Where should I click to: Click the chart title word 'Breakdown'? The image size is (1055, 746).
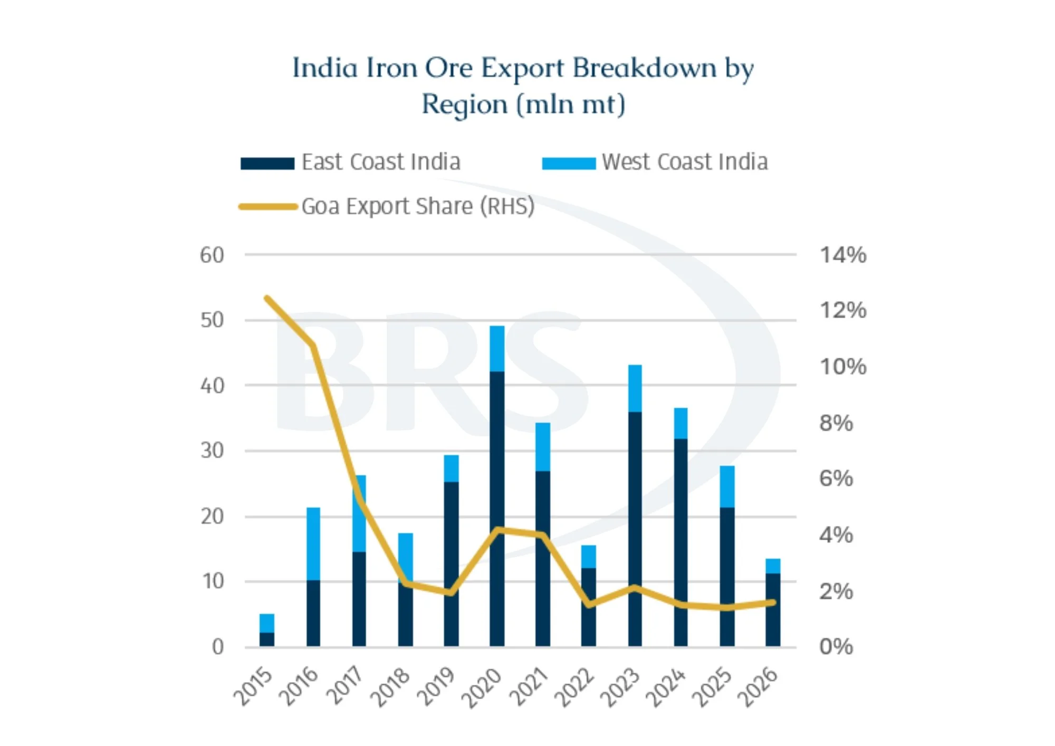pyautogui.click(x=645, y=68)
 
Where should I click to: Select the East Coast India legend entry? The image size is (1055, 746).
pyautogui.click(x=351, y=162)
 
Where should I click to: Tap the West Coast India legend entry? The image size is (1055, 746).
pyautogui.click(x=655, y=162)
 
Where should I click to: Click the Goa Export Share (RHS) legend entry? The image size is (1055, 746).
pyautogui.click(x=387, y=206)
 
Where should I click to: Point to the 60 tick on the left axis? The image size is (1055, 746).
pyautogui.click(x=212, y=255)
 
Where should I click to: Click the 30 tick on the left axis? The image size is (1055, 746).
pyautogui.click(x=212, y=451)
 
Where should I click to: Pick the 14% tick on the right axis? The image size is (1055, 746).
pyautogui.click(x=843, y=255)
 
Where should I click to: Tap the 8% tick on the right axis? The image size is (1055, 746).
pyautogui.click(x=836, y=423)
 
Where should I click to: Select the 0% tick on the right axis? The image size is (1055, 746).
pyautogui.click(x=836, y=647)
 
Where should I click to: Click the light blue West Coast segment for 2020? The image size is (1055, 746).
pyautogui.click(x=497, y=349)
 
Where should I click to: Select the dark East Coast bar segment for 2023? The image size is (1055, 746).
pyautogui.click(x=635, y=529)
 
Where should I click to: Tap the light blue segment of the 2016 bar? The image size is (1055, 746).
pyautogui.click(x=313, y=544)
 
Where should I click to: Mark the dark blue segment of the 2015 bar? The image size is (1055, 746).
pyautogui.click(x=267, y=639)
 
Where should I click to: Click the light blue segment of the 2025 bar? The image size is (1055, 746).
pyautogui.click(x=727, y=487)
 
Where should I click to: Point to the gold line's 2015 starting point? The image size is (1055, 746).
pyautogui.click(x=267, y=299)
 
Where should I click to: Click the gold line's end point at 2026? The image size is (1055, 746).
pyautogui.click(x=773, y=602)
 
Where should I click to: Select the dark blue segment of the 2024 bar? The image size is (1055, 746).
pyautogui.click(x=681, y=543)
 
